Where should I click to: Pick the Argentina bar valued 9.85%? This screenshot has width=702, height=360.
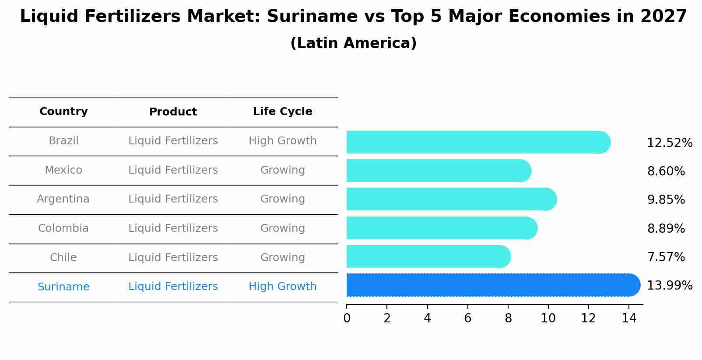click(451, 199)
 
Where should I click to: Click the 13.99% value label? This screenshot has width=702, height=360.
click(669, 286)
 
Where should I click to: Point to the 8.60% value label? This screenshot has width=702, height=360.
click(666, 171)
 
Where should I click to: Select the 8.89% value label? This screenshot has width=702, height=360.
click(666, 228)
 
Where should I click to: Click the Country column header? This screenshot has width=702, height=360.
click(63, 112)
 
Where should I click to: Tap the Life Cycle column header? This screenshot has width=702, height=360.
click(282, 112)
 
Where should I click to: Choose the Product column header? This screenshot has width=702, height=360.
click(173, 112)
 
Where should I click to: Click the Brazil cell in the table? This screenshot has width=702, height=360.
click(63, 141)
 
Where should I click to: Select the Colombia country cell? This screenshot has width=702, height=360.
click(63, 228)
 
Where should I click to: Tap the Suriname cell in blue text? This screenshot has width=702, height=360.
click(63, 287)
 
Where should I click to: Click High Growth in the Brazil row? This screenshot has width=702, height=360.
click(282, 141)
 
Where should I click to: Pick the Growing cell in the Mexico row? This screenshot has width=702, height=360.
click(282, 170)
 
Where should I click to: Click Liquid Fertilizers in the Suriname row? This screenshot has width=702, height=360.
click(173, 287)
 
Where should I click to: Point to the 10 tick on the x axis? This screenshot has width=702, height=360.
click(548, 318)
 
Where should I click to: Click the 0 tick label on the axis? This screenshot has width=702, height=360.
click(347, 318)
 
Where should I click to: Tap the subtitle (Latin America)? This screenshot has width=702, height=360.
click(353, 43)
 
